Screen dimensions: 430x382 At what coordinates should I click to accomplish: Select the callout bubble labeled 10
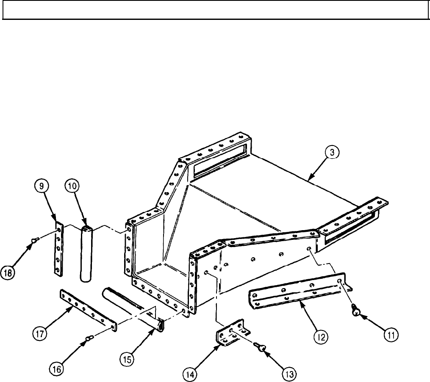click(x=72, y=186)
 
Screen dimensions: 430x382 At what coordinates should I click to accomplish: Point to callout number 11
click(x=391, y=335)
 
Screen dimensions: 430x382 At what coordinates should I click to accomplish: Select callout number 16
click(x=57, y=369)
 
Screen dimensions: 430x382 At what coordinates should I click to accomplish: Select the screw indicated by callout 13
click(x=262, y=348)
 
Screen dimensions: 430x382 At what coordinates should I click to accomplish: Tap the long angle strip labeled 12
click(x=297, y=292)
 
